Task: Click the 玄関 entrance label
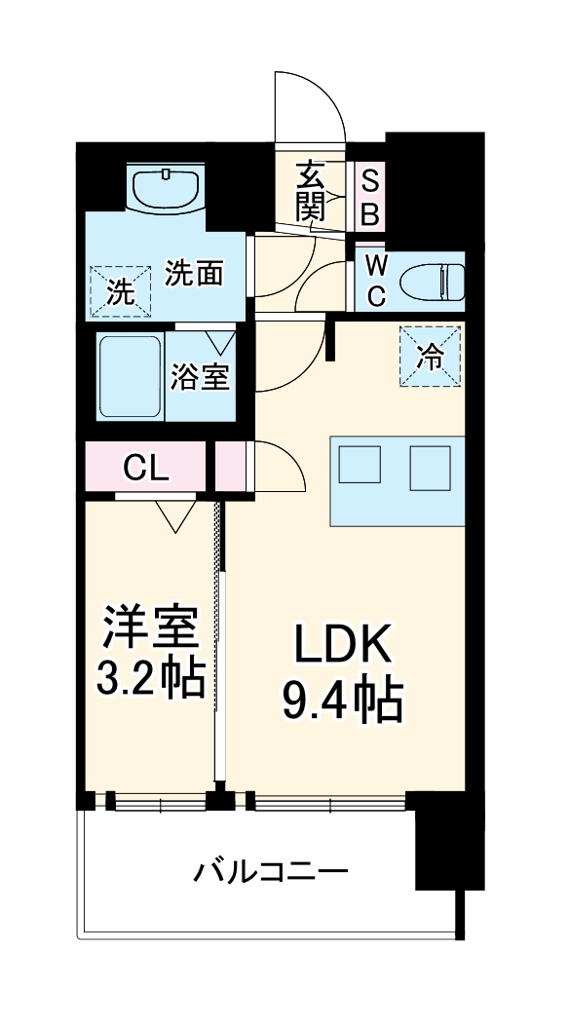tap(311, 191)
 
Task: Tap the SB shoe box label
tap(371, 196)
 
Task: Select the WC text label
tap(376, 280)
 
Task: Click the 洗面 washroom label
tap(194, 274)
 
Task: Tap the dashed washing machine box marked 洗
tap(122, 291)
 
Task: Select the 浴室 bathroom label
tap(200, 377)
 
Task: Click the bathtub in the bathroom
tap(130, 377)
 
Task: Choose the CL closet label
tap(146, 469)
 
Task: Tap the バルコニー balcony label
tap(270, 870)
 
